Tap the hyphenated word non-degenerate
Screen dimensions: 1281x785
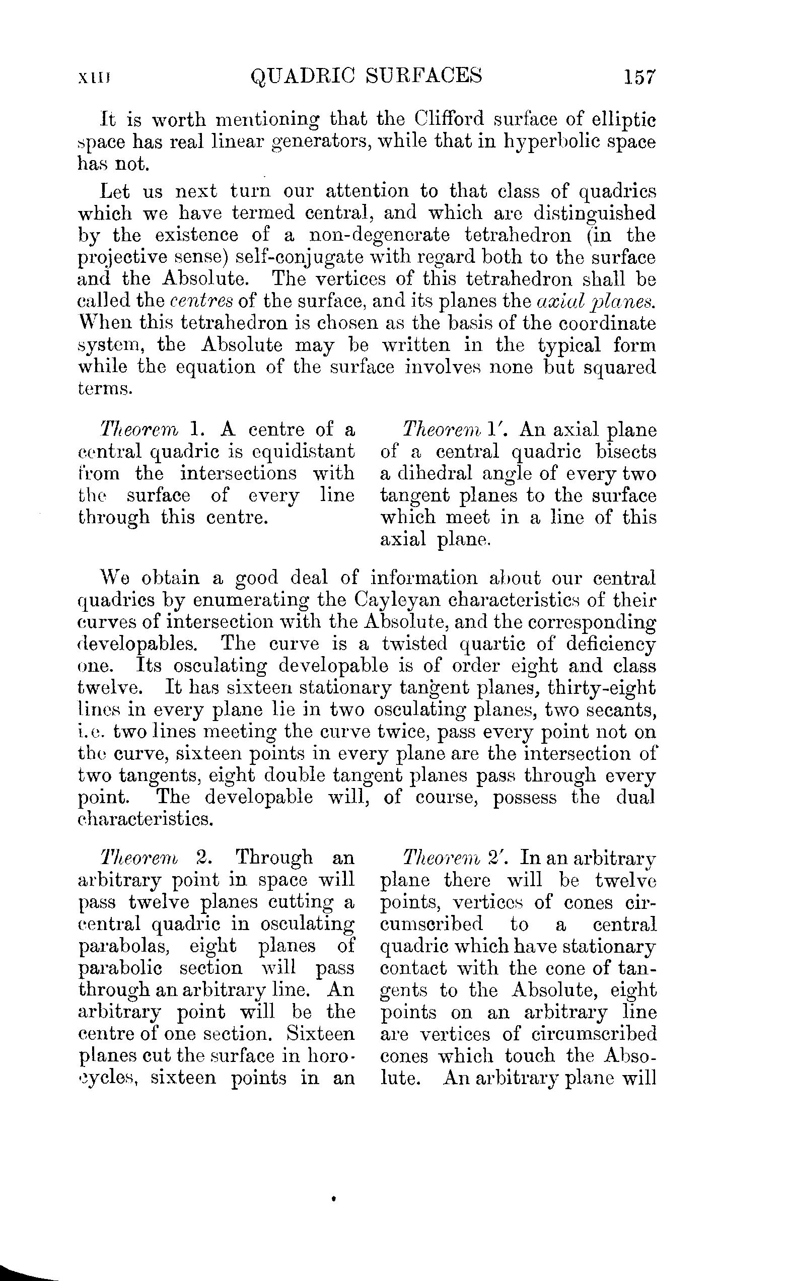coord(380,235)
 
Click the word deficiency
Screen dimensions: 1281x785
coord(611,644)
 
